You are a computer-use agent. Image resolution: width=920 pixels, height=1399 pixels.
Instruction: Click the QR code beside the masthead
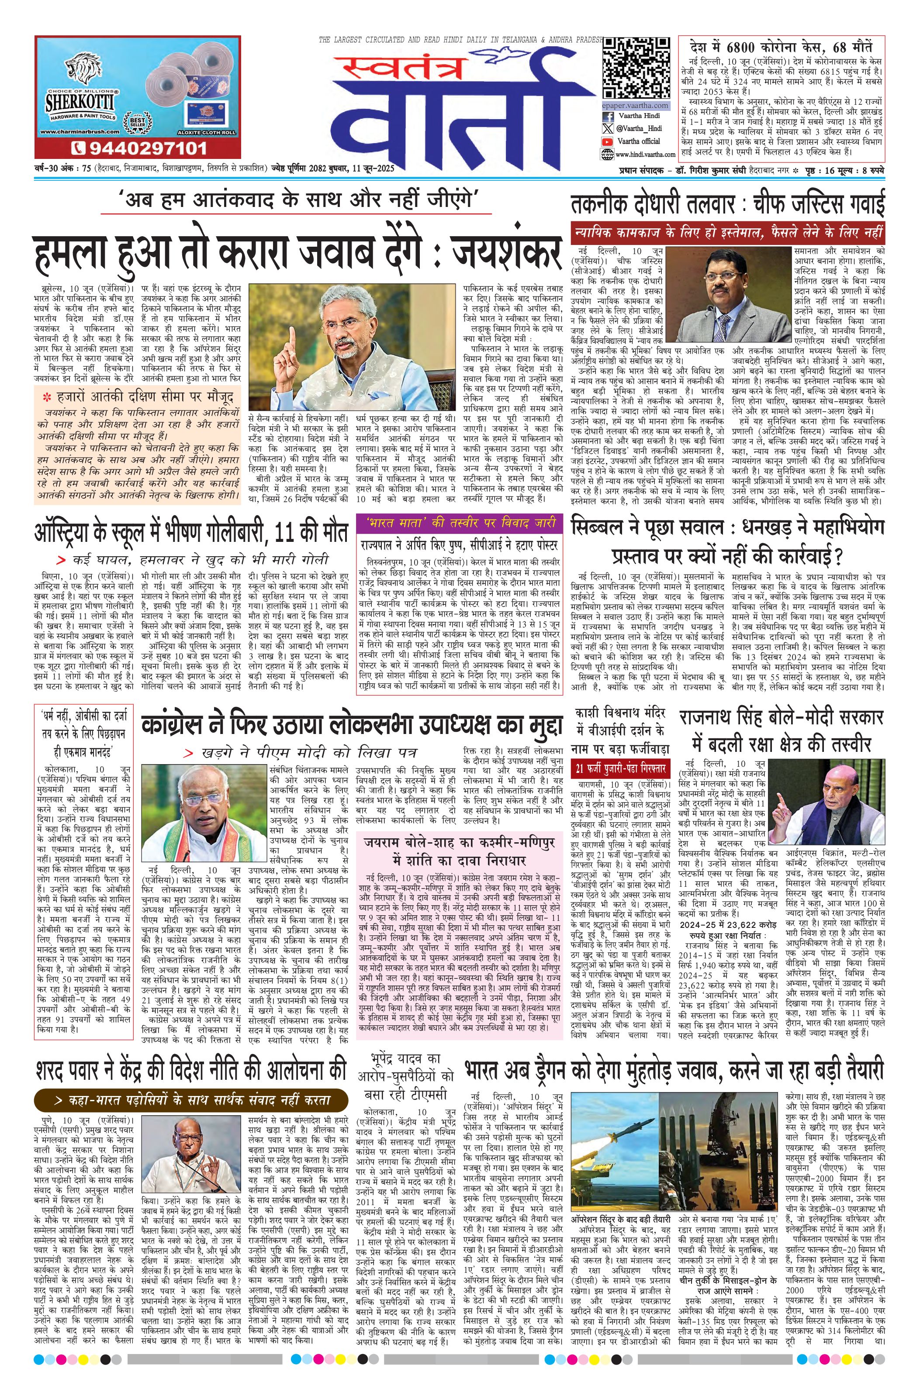point(636,68)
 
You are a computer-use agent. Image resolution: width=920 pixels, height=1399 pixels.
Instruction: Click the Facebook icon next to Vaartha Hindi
point(607,117)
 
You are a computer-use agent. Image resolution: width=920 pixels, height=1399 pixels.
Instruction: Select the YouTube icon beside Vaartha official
point(607,141)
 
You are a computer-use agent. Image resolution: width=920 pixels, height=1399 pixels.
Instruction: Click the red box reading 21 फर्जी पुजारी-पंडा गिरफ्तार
point(621,768)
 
